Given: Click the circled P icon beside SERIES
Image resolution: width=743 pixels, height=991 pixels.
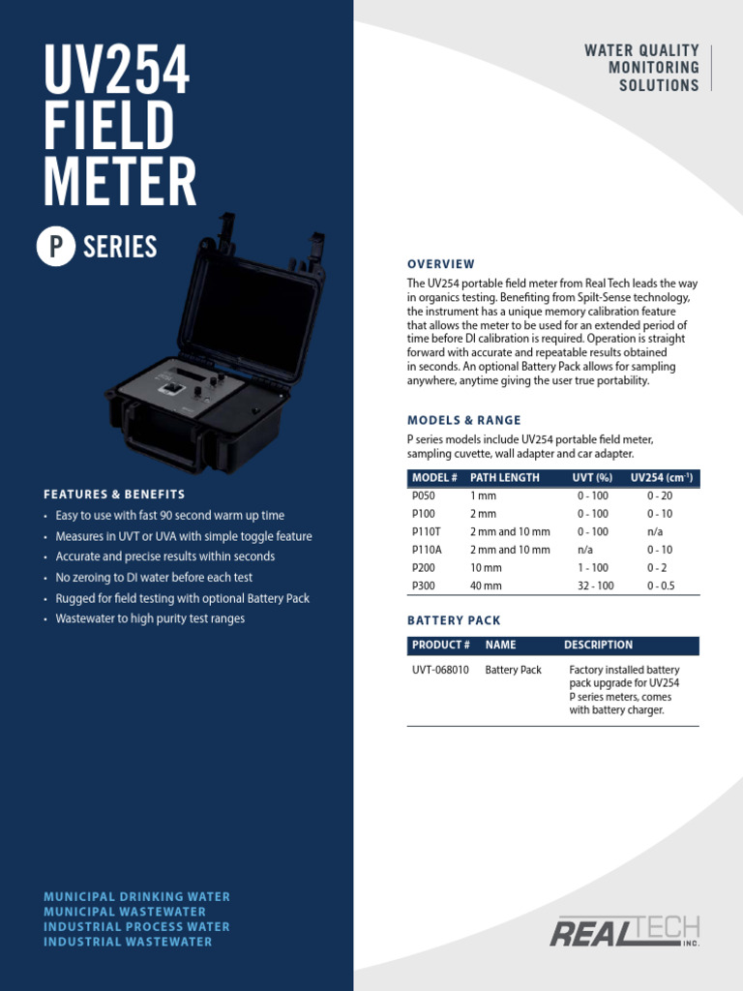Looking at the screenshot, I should tap(56, 247).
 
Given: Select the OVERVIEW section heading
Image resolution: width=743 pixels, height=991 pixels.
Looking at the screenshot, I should tap(440, 264).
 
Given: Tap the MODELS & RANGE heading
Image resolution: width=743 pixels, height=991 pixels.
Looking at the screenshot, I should tap(463, 420).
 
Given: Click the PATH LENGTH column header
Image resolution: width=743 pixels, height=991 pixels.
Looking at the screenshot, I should tap(504, 478).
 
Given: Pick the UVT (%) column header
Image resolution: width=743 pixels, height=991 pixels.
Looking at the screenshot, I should tap(593, 478).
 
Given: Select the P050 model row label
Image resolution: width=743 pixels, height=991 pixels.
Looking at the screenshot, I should tap(424, 495).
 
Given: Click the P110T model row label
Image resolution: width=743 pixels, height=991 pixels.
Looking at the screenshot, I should tap(427, 531).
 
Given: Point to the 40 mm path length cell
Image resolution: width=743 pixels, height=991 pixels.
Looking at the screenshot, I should tap(486, 586).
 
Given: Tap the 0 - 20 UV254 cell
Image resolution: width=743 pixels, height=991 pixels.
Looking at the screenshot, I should tap(660, 495).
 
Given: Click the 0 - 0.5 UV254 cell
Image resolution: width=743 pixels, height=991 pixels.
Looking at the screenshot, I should tap(661, 586).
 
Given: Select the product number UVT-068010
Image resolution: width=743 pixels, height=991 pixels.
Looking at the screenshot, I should tap(440, 670).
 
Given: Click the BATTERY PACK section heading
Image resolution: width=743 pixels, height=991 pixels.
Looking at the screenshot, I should tap(454, 620).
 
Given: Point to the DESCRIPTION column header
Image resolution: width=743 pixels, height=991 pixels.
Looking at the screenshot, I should tap(598, 645).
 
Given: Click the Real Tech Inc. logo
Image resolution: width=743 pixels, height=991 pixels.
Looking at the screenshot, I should tap(625, 931).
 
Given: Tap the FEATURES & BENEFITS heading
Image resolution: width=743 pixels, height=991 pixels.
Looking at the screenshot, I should tap(114, 495).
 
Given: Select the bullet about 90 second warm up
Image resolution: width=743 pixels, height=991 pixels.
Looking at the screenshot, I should tap(169, 516).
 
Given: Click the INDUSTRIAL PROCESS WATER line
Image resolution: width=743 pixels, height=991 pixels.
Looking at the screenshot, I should tap(136, 927).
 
